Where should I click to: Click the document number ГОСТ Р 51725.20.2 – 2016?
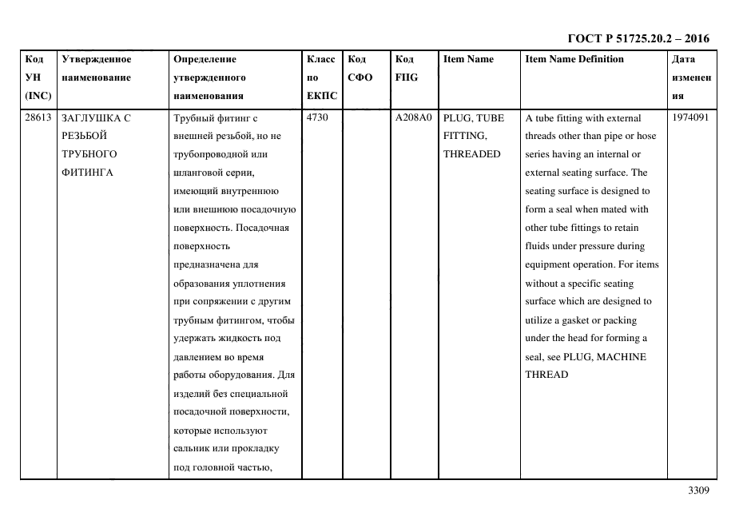pos(638,38)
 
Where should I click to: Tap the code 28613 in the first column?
pos(38,118)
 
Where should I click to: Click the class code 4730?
pos(318,118)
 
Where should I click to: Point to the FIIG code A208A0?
pos(413,118)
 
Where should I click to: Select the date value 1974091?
pos(690,118)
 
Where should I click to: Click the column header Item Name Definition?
pos(574,59)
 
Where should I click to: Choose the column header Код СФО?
pos(360,69)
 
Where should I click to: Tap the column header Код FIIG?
pos(406,69)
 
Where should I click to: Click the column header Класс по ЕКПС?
pos(321,77)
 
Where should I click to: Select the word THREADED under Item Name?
pos(471,154)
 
